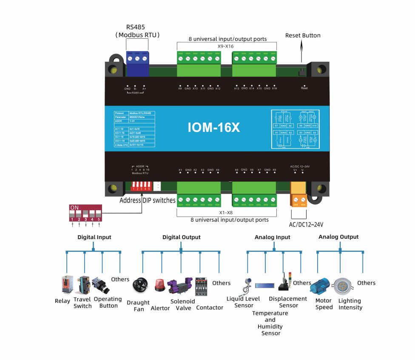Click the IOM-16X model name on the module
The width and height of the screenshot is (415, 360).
pyautogui.click(x=214, y=127)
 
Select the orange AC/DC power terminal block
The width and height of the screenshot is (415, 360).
pyautogui.click(x=298, y=194)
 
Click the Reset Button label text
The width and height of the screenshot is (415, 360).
pyautogui.click(x=303, y=35)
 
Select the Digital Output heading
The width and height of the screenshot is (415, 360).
pyautogui.click(x=181, y=237)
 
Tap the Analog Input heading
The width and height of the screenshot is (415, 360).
pyautogui.click(x=272, y=237)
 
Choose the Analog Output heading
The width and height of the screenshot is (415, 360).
pyautogui.click(x=338, y=237)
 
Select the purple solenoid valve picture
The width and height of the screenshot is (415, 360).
pyautogui.click(x=180, y=286)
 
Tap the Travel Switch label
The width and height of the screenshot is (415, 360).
pyautogui.click(x=82, y=303)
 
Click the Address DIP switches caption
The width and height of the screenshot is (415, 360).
pyautogui.click(x=147, y=200)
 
